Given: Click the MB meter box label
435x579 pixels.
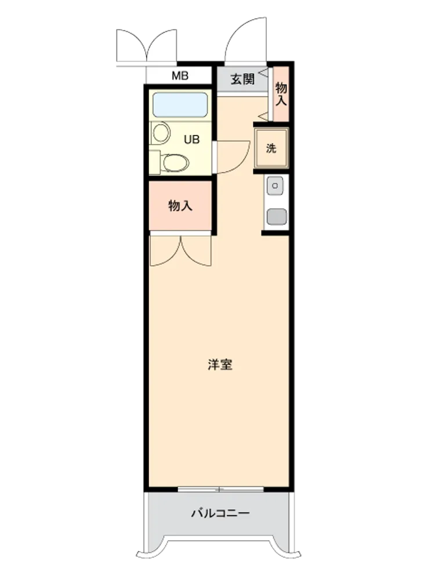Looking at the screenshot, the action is tap(180, 76).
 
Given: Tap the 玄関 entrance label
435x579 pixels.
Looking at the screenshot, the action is tap(242, 79).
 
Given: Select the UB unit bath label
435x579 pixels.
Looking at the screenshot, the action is tap(191, 140).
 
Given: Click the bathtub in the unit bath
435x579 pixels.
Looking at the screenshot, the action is tap(180, 105).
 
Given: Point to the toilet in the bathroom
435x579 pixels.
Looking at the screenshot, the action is tap(174, 163).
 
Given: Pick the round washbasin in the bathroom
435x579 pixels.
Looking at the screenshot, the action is tap(161, 133).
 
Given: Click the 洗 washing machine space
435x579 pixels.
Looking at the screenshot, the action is tap(271, 148).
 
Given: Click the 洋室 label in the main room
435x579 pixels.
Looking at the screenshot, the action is tap(220, 364).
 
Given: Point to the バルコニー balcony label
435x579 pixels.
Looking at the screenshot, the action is tap(220, 513).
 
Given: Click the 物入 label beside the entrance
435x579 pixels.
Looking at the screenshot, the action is tap(281, 94).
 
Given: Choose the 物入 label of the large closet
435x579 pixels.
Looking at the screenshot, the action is tap(180, 206).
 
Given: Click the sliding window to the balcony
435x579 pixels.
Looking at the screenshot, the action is tap(220, 489).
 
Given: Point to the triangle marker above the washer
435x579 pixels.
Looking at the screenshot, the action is tap(264, 116).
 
